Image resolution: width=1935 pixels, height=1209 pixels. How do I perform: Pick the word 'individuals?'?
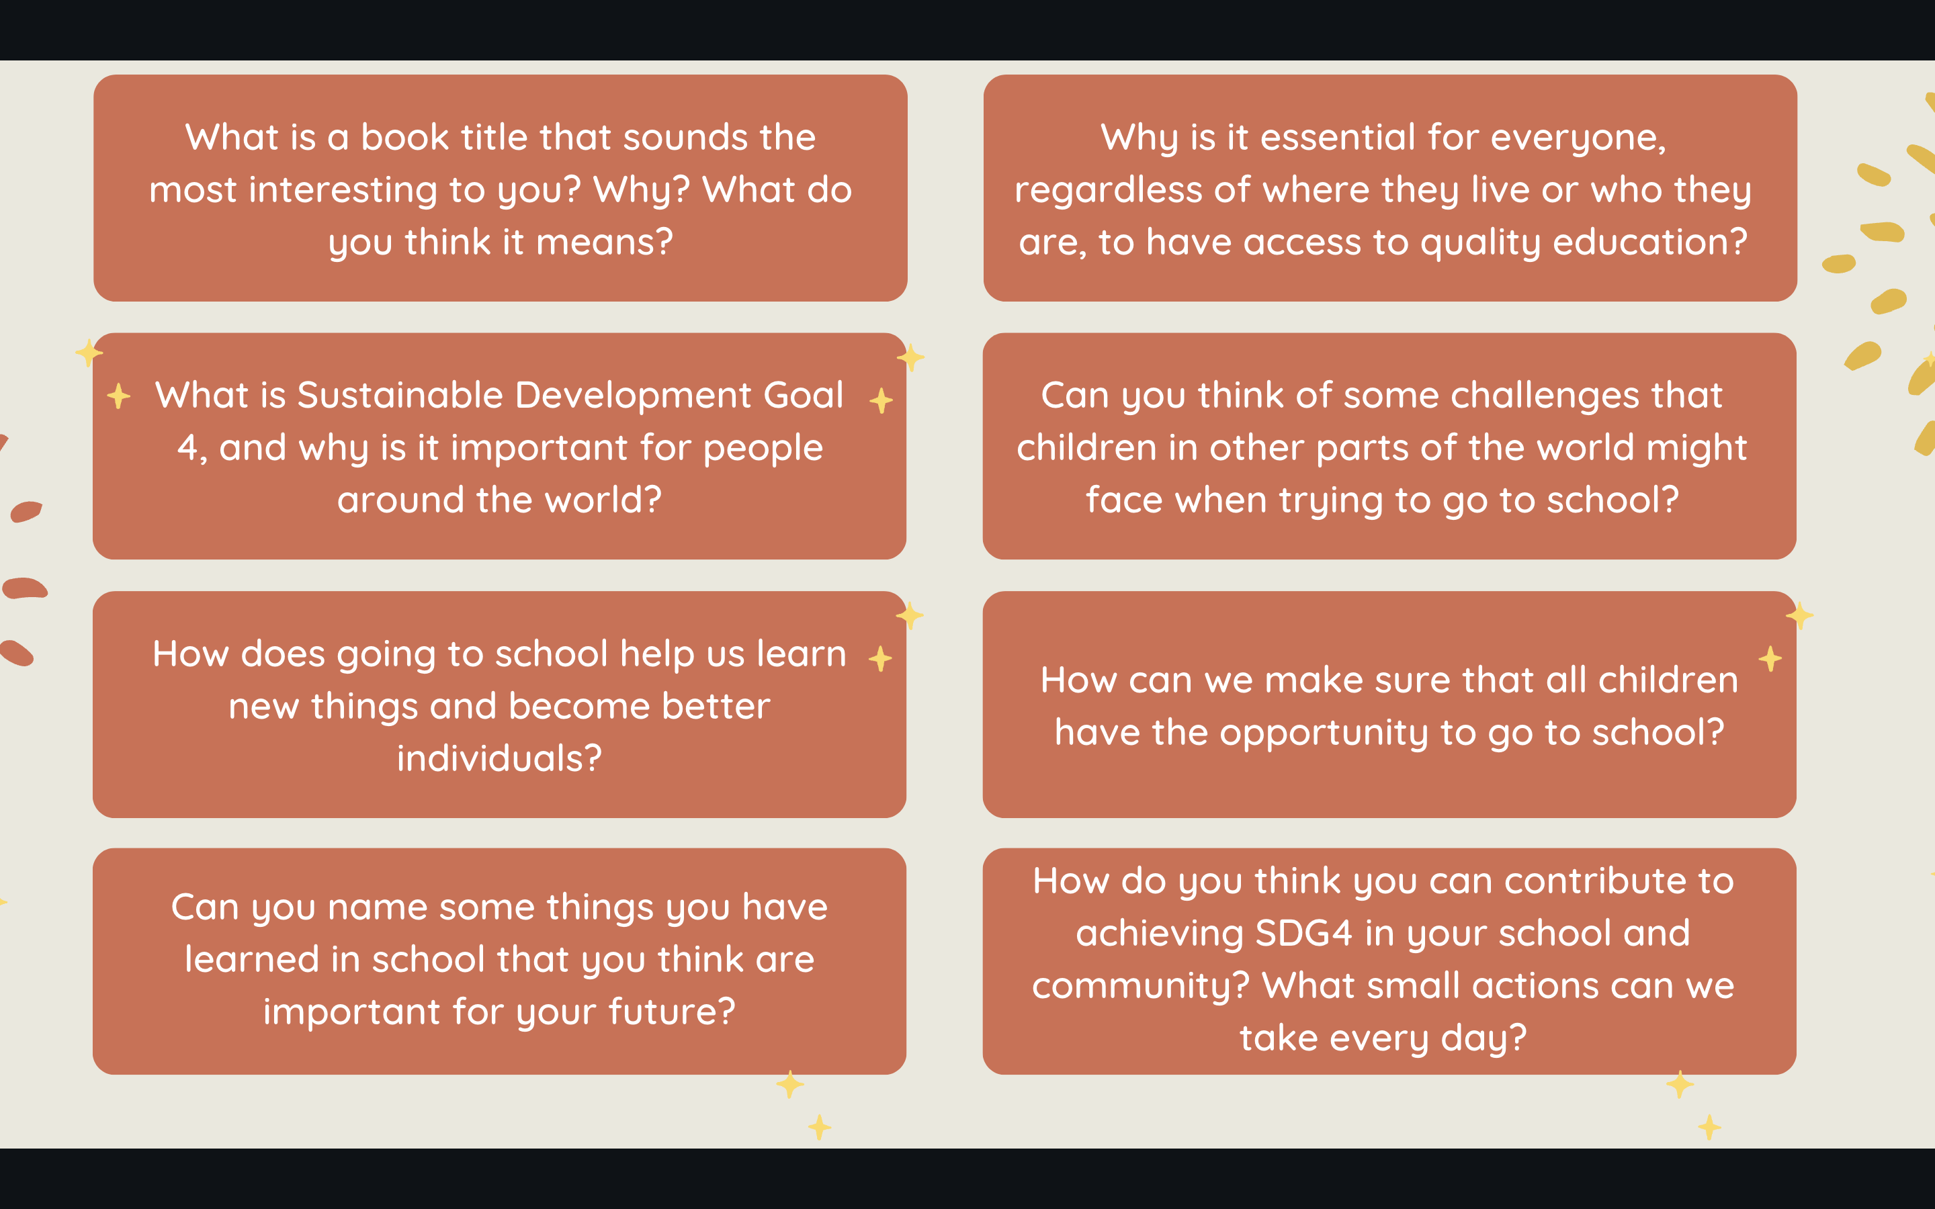pyautogui.click(x=499, y=758)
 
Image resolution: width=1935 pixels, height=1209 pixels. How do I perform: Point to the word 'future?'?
pyautogui.click(x=672, y=1012)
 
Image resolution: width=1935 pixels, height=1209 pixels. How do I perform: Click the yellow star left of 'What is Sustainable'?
pyautogui.click(x=119, y=395)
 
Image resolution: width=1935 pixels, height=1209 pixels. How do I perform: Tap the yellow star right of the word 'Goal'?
pyautogui.click(x=881, y=400)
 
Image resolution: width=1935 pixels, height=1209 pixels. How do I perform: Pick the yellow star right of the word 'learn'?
pyautogui.click(x=880, y=659)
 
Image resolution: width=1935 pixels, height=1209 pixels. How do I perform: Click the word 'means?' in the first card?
pyautogui.click(x=605, y=242)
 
